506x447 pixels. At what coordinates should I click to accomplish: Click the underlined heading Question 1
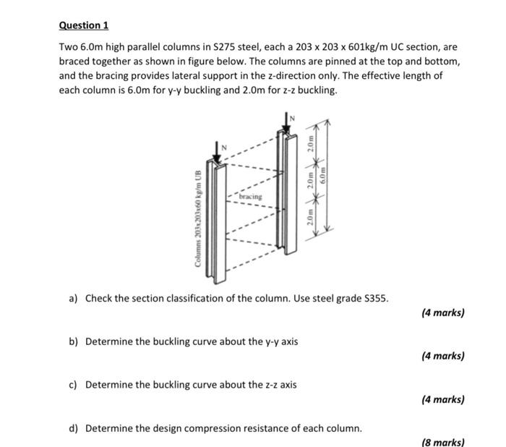click(x=83, y=25)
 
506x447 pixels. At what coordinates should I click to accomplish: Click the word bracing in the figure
click(x=252, y=196)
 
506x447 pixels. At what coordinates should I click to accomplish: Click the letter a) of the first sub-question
click(x=74, y=298)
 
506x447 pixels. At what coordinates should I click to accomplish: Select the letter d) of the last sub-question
click(x=74, y=427)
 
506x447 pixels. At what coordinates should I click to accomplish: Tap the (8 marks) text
click(x=442, y=442)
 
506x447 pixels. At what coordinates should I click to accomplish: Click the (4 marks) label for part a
click(x=442, y=312)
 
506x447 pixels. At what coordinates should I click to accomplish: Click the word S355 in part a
click(x=374, y=298)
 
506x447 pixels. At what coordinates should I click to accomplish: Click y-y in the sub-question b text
click(x=253, y=341)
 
